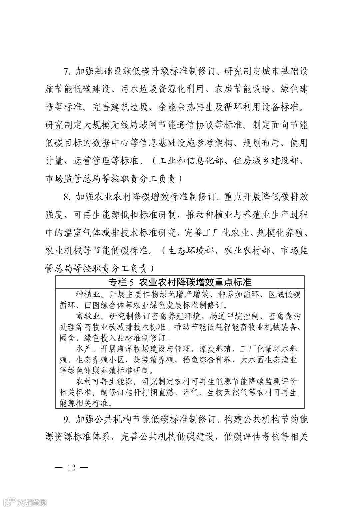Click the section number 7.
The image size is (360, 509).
66,71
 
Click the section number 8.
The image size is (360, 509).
66,197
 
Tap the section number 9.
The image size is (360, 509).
66,419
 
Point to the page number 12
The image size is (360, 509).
71,467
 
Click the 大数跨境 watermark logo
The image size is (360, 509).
25,501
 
